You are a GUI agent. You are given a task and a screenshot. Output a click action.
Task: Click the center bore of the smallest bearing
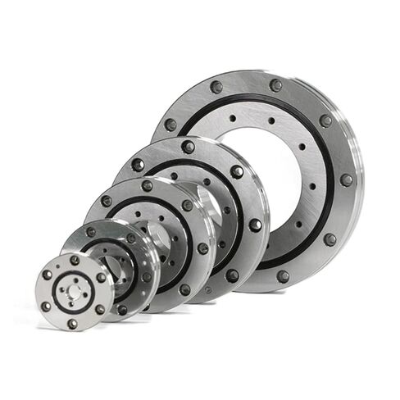(x=74, y=291)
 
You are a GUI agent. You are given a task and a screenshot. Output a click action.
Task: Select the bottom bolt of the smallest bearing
(x=73, y=323)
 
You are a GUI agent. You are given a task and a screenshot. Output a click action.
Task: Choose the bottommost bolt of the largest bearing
(x=283, y=276)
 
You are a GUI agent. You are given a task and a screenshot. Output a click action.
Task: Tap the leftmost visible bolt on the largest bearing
(x=170, y=125)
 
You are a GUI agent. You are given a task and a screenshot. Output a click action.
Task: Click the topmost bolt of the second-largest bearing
(x=188, y=147)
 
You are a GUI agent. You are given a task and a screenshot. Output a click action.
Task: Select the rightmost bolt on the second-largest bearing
(x=256, y=225)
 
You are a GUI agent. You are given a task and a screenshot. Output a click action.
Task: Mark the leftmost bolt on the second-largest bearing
(x=139, y=165)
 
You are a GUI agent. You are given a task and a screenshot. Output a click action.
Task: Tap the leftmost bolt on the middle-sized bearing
(x=107, y=201)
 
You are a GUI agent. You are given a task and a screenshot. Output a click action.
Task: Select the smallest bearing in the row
(x=74, y=291)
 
